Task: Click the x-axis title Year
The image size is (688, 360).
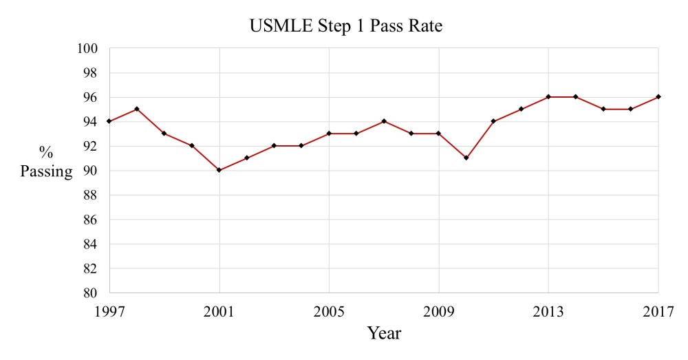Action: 384,333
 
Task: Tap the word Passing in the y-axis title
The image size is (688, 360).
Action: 46,171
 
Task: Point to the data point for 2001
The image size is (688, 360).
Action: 219,170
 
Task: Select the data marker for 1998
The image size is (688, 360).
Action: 137,109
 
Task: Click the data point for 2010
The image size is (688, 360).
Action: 466,158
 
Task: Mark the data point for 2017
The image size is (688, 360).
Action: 658,97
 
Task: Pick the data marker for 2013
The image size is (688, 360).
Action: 548,97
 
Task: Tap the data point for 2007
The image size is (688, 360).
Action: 384,121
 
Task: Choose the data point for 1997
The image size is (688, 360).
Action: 110,121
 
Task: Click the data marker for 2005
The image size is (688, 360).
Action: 329,134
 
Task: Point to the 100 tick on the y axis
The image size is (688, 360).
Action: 91,49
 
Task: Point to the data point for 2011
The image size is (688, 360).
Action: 494,121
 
